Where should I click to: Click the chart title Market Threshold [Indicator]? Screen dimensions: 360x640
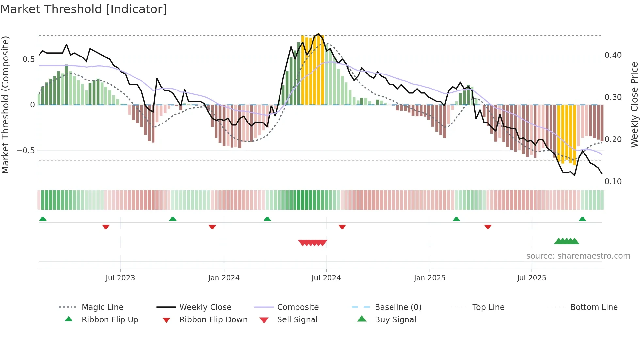[x=84, y=9]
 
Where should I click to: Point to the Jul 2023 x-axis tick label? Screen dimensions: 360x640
[x=120, y=278]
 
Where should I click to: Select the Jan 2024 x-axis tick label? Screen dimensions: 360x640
[x=224, y=278]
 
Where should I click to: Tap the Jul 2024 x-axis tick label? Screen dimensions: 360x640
[x=326, y=278]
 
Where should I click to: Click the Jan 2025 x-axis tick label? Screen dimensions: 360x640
[x=429, y=278]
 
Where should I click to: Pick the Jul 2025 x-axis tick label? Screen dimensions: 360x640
[x=531, y=278]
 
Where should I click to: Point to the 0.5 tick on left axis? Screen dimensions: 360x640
[x=28, y=59]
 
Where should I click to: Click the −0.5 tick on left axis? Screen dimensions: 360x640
[x=26, y=151]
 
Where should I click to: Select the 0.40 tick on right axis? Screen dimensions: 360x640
[x=613, y=55]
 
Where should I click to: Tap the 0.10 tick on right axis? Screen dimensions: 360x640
[x=613, y=182]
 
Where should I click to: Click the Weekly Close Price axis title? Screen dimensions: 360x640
[x=634, y=105]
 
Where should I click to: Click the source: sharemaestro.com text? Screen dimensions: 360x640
[x=578, y=256]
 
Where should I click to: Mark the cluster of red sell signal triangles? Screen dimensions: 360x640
[x=312, y=243]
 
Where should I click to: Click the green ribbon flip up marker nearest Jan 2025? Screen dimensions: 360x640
[x=456, y=219]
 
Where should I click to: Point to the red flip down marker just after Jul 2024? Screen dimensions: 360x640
[x=342, y=227]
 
